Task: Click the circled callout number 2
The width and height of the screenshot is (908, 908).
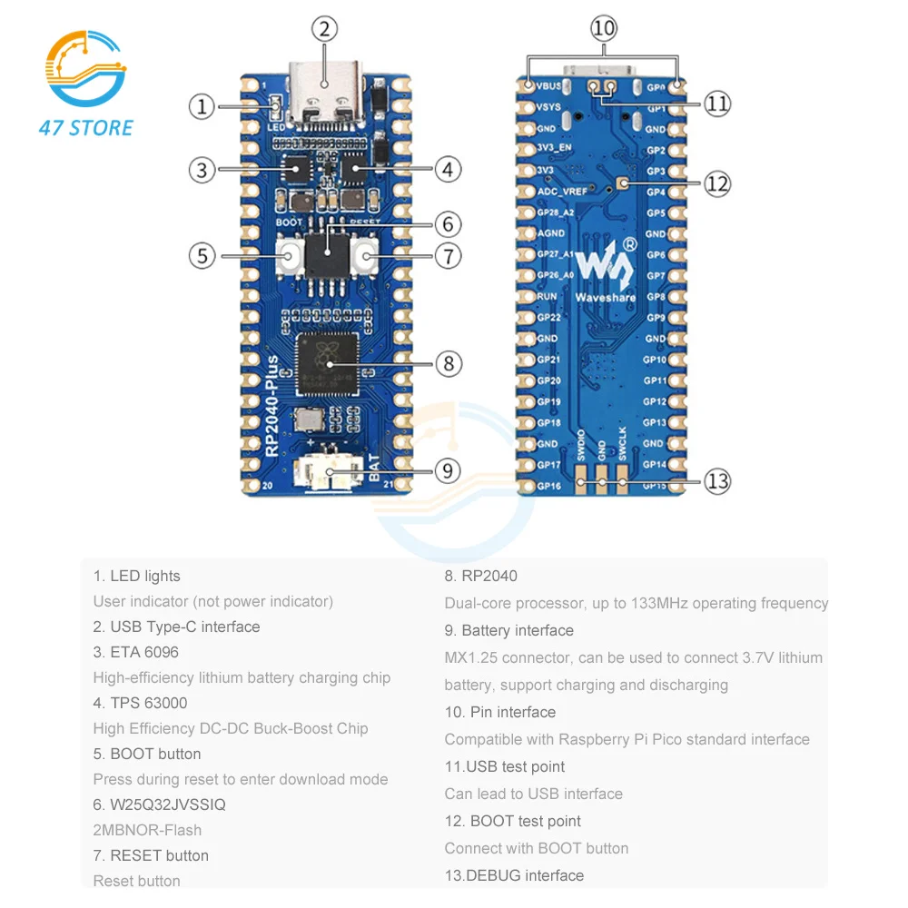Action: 326,28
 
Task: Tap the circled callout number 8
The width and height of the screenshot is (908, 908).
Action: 449,364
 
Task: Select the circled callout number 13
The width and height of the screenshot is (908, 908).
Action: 717,480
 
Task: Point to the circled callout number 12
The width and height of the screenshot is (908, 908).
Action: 717,184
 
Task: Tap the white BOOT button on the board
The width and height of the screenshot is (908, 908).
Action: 291,256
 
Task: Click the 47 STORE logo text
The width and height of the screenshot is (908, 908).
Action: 86,128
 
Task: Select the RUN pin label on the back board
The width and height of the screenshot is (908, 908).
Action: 547,297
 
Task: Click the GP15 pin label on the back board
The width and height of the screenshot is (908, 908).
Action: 656,486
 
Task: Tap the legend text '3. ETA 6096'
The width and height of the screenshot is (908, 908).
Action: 135,652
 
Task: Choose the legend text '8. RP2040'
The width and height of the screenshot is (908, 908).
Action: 480,576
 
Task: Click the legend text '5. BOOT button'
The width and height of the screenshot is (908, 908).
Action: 146,754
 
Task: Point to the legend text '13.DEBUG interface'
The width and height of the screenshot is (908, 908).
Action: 514,875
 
